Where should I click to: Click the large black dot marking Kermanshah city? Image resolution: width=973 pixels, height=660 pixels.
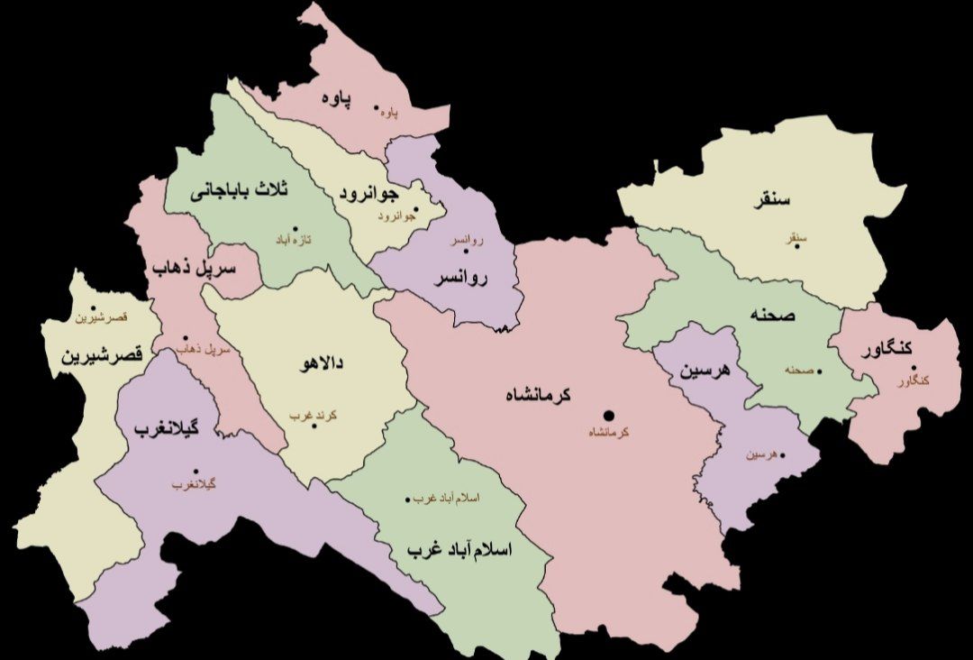[x=608, y=415]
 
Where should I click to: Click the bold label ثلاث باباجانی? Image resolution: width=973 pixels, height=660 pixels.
[x=239, y=191]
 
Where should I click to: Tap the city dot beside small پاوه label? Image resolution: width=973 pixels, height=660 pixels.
[x=377, y=107]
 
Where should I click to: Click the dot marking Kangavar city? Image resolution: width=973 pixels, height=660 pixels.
[x=913, y=367]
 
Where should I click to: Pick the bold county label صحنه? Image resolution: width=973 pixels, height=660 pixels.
[x=771, y=316]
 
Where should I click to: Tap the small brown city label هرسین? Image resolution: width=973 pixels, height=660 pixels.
[x=759, y=455]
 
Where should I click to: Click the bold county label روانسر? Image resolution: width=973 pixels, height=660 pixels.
[x=459, y=279]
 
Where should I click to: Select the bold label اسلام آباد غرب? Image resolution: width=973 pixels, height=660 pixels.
[x=459, y=549]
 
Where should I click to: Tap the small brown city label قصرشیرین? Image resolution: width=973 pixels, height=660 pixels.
[x=101, y=318]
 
